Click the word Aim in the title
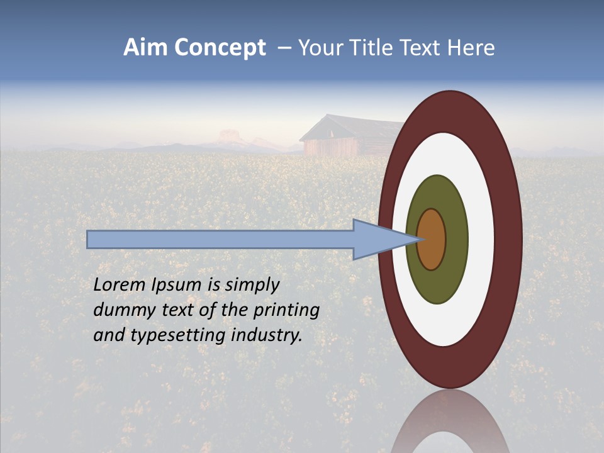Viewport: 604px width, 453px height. [146, 48]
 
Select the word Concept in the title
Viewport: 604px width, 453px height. [220, 48]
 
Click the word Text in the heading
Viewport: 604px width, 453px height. [422, 48]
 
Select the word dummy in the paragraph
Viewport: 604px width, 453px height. [121, 310]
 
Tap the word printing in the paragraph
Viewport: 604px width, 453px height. [286, 311]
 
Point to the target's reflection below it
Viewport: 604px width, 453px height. [450, 422]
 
